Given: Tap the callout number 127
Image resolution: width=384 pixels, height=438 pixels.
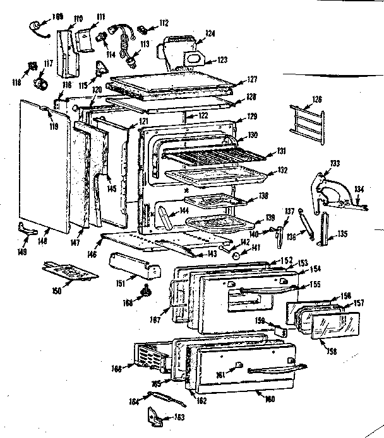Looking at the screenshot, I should point(252,79).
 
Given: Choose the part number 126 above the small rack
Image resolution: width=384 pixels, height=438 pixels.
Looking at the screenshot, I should point(316,98).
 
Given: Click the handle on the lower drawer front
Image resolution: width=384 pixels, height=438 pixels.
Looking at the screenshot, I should point(275,369).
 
